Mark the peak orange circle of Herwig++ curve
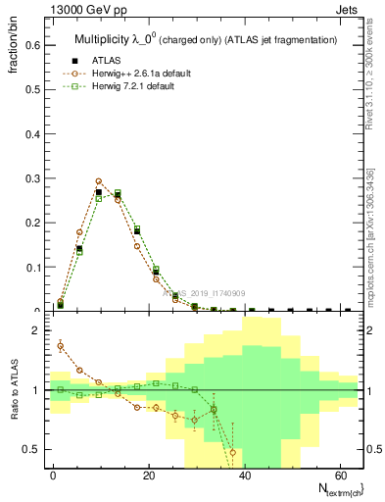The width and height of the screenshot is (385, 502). tap(99, 181)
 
